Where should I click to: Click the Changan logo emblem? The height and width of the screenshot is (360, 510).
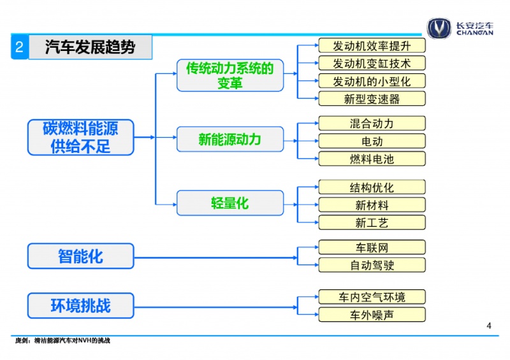[x=439, y=28]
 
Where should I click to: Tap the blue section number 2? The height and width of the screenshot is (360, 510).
[x=20, y=47]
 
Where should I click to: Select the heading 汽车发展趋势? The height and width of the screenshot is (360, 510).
[x=90, y=47]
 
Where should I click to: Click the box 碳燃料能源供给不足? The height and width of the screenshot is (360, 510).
[x=81, y=137]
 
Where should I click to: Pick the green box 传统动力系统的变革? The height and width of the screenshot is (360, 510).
[x=230, y=75]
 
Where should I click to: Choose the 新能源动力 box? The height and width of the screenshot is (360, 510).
[x=230, y=139]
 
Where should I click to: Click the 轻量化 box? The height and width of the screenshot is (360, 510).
[x=230, y=203]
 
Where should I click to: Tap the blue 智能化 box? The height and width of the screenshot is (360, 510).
[x=81, y=256]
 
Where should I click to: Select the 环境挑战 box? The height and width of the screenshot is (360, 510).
[x=81, y=305]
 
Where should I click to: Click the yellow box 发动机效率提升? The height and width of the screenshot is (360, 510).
[x=372, y=45]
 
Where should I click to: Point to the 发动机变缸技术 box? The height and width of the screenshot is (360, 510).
[x=372, y=63]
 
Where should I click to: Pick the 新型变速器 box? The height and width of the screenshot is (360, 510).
[x=372, y=99]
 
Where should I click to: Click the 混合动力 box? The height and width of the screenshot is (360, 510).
[x=372, y=123]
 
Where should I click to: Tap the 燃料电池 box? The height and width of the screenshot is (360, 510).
[x=372, y=159]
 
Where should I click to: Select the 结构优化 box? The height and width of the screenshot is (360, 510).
[x=372, y=187]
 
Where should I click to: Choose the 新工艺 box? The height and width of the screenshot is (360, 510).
[x=372, y=222]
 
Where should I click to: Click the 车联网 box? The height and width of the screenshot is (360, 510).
[x=372, y=247]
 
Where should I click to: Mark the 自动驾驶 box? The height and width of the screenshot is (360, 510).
[x=372, y=265]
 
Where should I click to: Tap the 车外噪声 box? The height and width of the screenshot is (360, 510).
[x=372, y=315]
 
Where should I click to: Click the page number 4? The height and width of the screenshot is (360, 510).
[x=488, y=326]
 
